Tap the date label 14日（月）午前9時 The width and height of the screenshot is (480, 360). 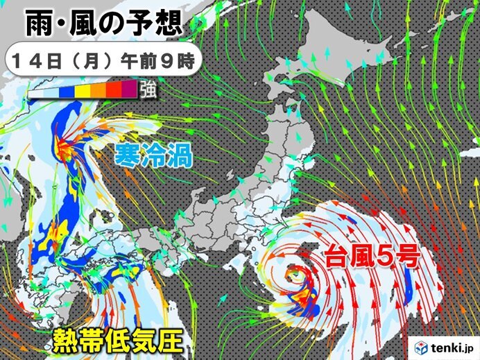[x=103, y=60]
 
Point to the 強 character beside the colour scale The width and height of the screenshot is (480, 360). [x=147, y=89]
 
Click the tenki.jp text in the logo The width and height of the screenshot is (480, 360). [x=450, y=346]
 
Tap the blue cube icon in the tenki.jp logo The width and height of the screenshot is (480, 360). [x=420, y=345]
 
